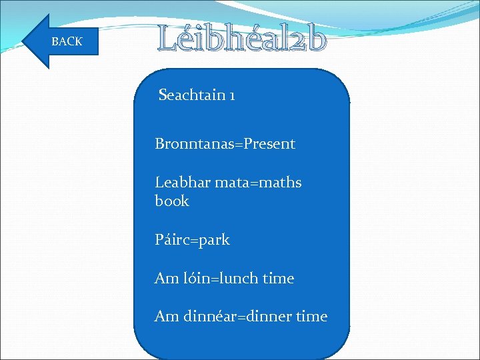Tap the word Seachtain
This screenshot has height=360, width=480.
point(192,95)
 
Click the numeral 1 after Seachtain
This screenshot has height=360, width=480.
point(231,95)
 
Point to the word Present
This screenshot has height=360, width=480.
point(269,144)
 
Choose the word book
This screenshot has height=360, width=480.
point(172,201)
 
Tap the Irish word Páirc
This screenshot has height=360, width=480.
point(171,240)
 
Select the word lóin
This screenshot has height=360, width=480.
point(197,279)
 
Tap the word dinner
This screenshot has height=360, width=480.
point(269,317)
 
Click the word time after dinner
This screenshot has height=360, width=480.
point(311,317)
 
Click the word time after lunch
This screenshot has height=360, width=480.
point(278,279)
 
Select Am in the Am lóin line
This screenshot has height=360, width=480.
point(166,279)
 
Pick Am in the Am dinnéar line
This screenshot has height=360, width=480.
point(166,317)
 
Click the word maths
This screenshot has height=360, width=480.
point(280,183)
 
